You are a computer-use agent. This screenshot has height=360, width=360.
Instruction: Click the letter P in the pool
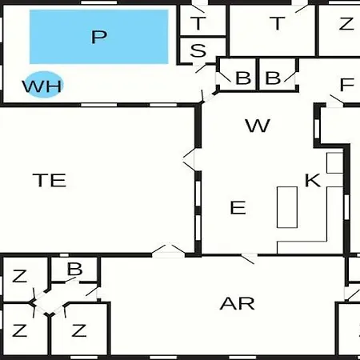click(x=99, y=37)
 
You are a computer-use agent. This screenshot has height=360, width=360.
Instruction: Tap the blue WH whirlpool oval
click(x=43, y=85)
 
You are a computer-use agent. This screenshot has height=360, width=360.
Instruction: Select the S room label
click(x=198, y=50)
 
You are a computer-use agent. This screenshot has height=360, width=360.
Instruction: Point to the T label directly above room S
click(x=198, y=23)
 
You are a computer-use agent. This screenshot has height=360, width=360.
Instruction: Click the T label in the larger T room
click(x=278, y=23)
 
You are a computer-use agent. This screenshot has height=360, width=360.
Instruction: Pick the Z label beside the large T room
click(x=346, y=23)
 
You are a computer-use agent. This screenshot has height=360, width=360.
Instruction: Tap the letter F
click(x=347, y=84)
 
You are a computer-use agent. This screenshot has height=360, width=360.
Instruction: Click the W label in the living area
click(x=258, y=126)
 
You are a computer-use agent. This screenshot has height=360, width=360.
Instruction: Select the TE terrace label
click(x=50, y=180)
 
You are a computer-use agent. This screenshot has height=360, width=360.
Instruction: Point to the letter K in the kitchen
click(x=313, y=180)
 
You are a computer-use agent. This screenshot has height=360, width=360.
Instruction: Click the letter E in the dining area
click(x=238, y=207)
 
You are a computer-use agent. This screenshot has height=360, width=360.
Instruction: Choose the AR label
click(x=238, y=303)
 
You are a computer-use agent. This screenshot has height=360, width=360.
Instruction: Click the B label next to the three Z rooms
click(x=74, y=269)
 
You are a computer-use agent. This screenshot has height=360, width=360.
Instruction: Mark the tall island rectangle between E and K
click(x=287, y=207)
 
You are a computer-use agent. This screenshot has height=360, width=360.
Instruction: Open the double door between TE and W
click(x=190, y=160)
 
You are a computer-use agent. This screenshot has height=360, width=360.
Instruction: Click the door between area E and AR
click(x=250, y=258)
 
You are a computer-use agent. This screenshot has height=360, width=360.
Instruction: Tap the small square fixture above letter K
click(x=335, y=163)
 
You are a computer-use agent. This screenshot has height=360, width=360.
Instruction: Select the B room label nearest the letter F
click(x=273, y=78)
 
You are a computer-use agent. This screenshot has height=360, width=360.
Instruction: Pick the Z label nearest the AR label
click(x=79, y=330)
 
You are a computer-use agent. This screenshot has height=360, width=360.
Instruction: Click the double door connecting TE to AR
click(x=169, y=250)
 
